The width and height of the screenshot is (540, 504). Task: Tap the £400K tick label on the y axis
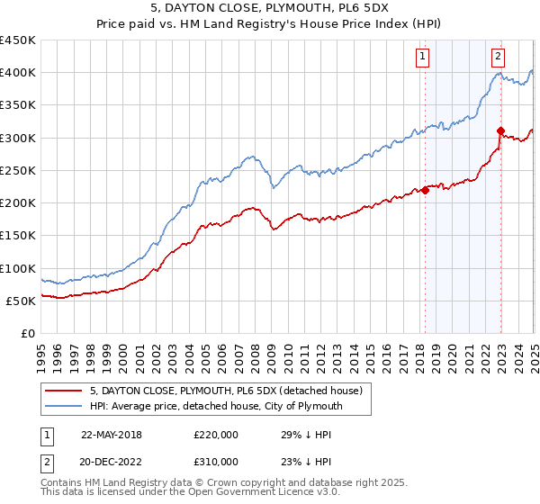(x=17, y=73)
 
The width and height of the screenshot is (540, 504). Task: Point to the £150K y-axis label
(x=17, y=236)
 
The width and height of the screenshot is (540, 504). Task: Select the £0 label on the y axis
(x=27, y=333)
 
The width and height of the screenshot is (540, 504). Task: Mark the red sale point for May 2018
(x=425, y=190)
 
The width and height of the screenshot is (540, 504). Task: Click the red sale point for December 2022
(x=500, y=131)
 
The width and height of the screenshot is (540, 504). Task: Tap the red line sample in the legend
(x=63, y=391)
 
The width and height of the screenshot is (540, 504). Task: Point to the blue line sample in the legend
(x=63, y=407)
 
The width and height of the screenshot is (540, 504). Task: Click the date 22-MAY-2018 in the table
(x=111, y=435)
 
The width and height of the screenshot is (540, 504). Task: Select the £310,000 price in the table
(x=216, y=460)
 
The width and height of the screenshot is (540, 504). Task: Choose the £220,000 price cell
(x=216, y=435)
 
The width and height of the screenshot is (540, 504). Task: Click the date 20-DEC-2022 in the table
(x=111, y=460)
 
